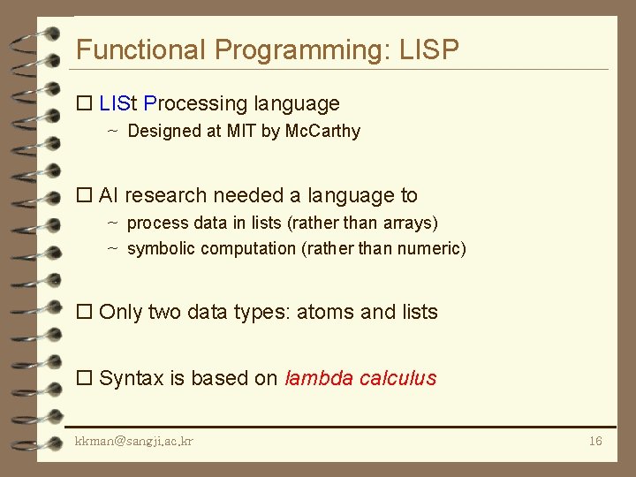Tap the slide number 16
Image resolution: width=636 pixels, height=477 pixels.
coord(595,440)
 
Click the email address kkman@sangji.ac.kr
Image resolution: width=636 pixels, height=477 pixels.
coord(134,440)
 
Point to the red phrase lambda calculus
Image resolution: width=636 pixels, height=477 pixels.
coord(360,378)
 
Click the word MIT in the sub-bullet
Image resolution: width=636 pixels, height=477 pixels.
coord(240,132)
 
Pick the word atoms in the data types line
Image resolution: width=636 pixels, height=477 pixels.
coord(326,312)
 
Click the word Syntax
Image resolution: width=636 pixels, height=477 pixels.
coord(131,378)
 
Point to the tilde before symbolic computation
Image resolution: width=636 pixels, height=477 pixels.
coord(112,248)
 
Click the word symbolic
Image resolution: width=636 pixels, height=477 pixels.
coord(161,248)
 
